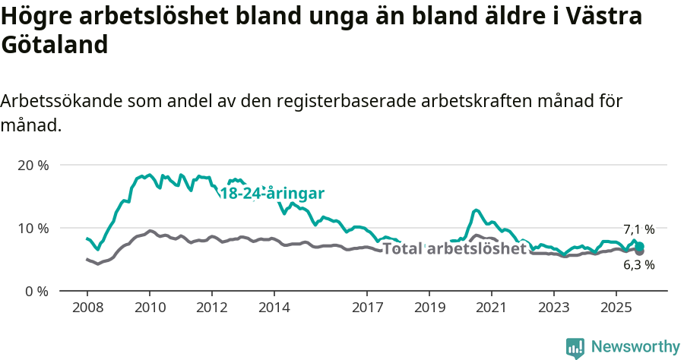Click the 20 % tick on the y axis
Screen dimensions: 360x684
(33, 165)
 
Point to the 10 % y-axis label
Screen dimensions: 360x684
(33, 228)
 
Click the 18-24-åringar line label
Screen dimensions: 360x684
(272, 193)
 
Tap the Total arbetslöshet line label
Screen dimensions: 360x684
(454, 248)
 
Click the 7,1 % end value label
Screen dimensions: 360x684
(638, 229)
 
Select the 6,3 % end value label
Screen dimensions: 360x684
(638, 265)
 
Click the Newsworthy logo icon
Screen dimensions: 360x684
(575, 348)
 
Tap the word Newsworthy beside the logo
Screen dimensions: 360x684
(635, 347)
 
